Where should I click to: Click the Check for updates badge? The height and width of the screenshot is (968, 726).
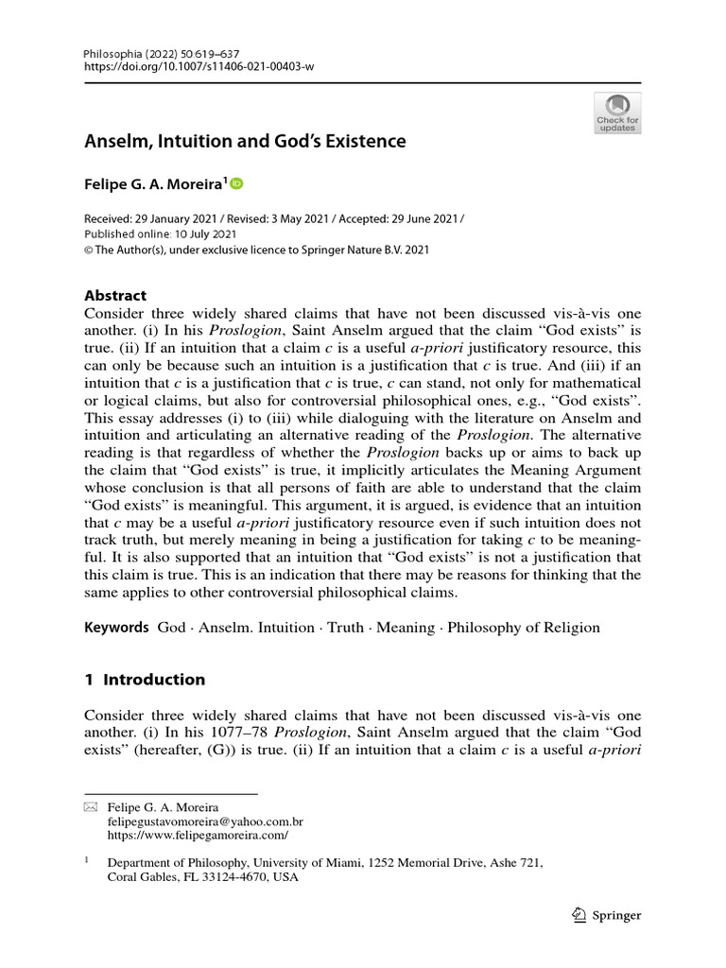tap(617, 112)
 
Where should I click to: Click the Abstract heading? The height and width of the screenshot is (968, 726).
tap(115, 295)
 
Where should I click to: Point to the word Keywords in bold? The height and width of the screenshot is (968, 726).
tap(117, 627)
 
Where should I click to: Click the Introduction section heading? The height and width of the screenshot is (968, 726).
tap(153, 679)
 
